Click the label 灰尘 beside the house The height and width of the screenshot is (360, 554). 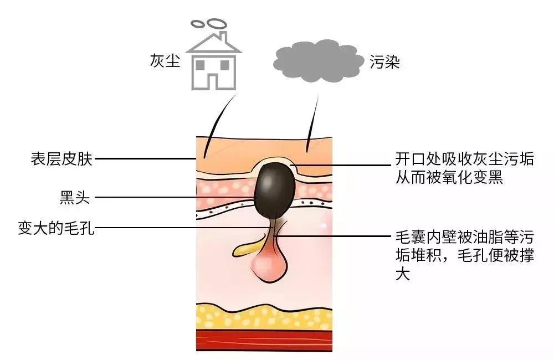pyautogui.click(x=165, y=61)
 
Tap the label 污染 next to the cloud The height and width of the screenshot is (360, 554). pyautogui.click(x=385, y=62)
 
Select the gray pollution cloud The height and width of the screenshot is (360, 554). pyautogui.click(x=319, y=61)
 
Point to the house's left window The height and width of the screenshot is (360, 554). pyautogui.click(x=201, y=65)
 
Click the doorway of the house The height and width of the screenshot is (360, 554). pyautogui.click(x=213, y=82)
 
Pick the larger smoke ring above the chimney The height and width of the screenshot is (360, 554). pyautogui.click(x=217, y=23)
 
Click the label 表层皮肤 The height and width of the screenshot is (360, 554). pyautogui.click(x=62, y=159)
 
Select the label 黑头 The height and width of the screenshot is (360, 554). pyautogui.click(x=75, y=197)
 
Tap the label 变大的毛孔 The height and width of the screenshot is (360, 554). pyautogui.click(x=56, y=228)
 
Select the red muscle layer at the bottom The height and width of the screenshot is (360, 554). pyautogui.click(x=264, y=341)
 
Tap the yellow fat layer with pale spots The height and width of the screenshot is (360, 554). pyautogui.click(x=264, y=317)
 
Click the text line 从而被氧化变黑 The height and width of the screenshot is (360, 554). pyautogui.click(x=449, y=177)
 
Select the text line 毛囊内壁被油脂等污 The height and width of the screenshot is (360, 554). pyautogui.click(x=464, y=237)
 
